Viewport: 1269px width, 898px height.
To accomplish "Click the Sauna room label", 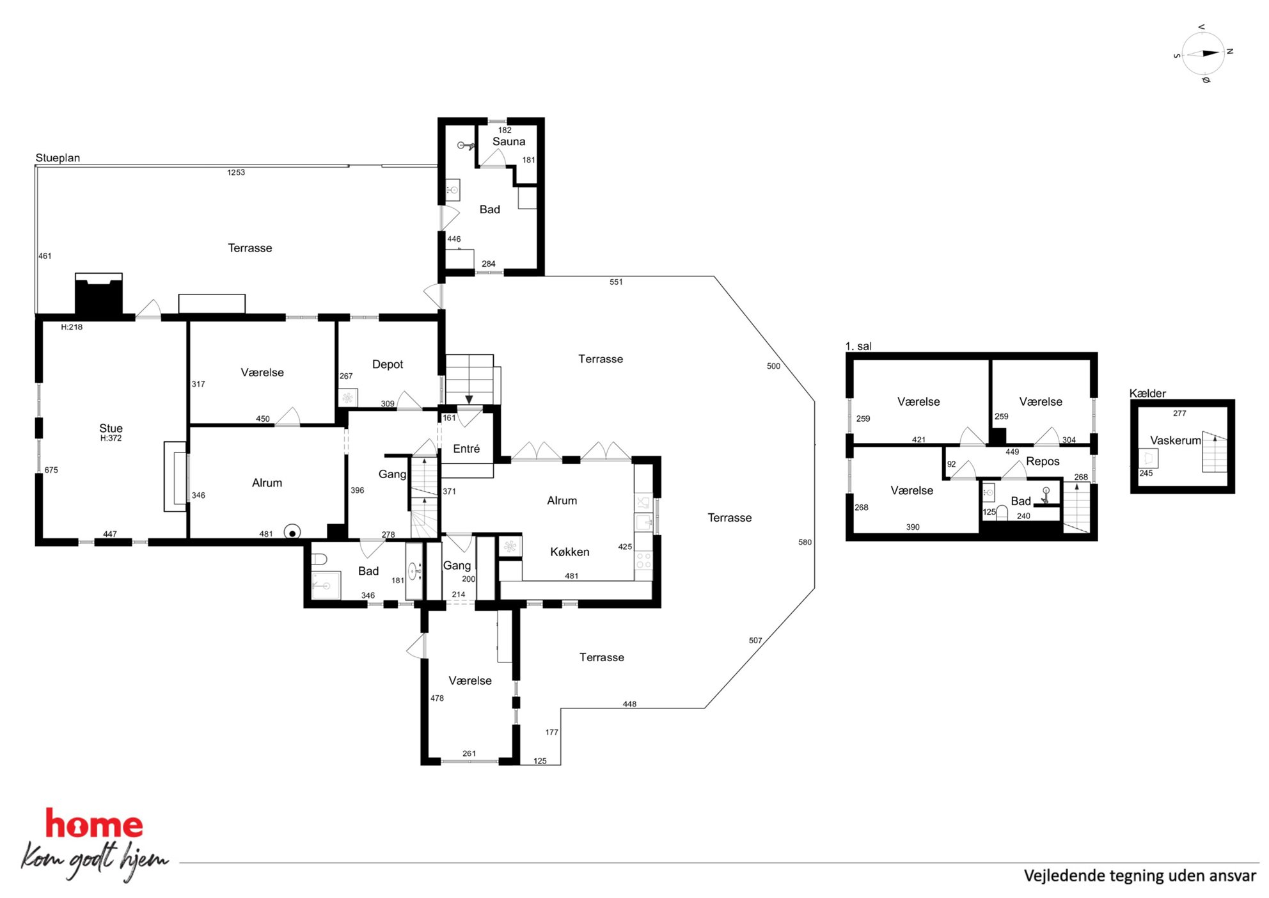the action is (508, 141).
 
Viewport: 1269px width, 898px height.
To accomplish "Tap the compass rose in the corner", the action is (1203, 54).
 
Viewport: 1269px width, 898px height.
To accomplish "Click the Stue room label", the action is (111, 428).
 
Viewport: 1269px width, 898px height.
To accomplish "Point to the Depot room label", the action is (388, 364).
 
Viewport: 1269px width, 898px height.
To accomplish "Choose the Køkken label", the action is (570, 552).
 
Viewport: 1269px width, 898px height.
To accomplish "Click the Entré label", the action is (466, 449).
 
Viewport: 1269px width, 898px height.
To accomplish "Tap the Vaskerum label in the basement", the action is (1176, 440).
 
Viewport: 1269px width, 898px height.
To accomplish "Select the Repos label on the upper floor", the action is (1043, 461).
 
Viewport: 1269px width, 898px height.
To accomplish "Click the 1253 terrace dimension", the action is (236, 172).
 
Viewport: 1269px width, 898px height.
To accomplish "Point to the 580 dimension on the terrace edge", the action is (805, 542).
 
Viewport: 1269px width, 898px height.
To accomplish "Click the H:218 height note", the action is (72, 327).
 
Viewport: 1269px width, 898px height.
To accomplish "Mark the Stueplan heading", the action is (58, 158).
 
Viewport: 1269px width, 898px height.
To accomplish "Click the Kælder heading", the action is (1147, 393).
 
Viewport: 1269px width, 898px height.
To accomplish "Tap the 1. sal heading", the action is (858, 346).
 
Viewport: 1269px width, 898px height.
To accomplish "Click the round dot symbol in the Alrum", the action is (292, 533).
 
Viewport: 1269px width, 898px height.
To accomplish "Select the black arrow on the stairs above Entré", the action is (469, 399).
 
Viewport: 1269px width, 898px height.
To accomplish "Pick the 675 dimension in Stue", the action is (51, 470).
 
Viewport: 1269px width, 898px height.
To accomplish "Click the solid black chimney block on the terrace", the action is (99, 296).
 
